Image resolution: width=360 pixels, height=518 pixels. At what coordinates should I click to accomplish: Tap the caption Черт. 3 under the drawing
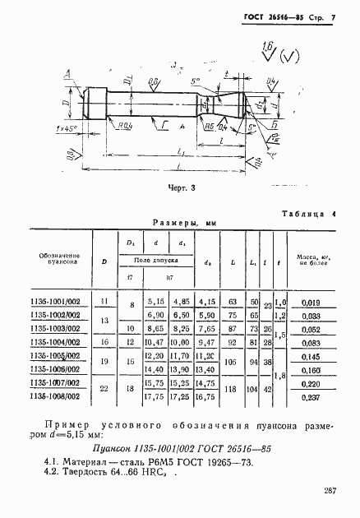click(x=180, y=187)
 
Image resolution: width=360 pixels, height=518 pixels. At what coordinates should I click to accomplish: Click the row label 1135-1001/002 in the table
click(x=58, y=303)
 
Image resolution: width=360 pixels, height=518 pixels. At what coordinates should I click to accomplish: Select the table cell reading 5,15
click(x=155, y=303)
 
